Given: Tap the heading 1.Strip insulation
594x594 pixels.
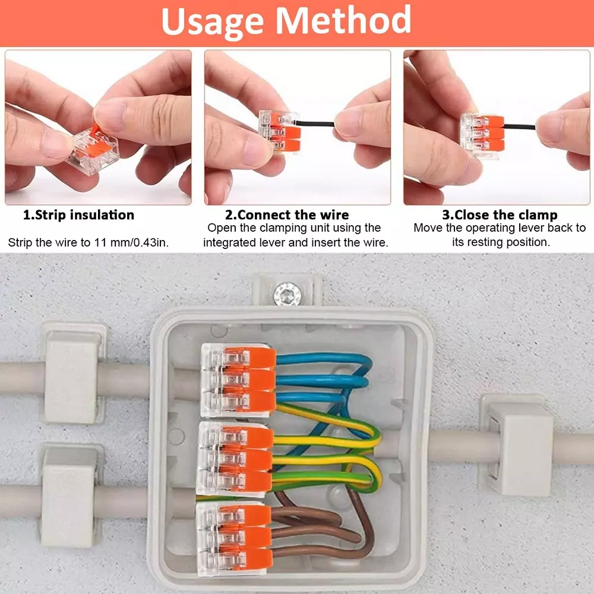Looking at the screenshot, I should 78,215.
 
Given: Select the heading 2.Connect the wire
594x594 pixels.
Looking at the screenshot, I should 286,215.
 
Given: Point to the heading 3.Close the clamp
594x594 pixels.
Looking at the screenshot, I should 499,215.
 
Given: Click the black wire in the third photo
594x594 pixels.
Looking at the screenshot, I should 519,127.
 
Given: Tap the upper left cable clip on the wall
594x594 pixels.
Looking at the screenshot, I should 71,375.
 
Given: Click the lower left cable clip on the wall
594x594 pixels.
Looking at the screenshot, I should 68,495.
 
